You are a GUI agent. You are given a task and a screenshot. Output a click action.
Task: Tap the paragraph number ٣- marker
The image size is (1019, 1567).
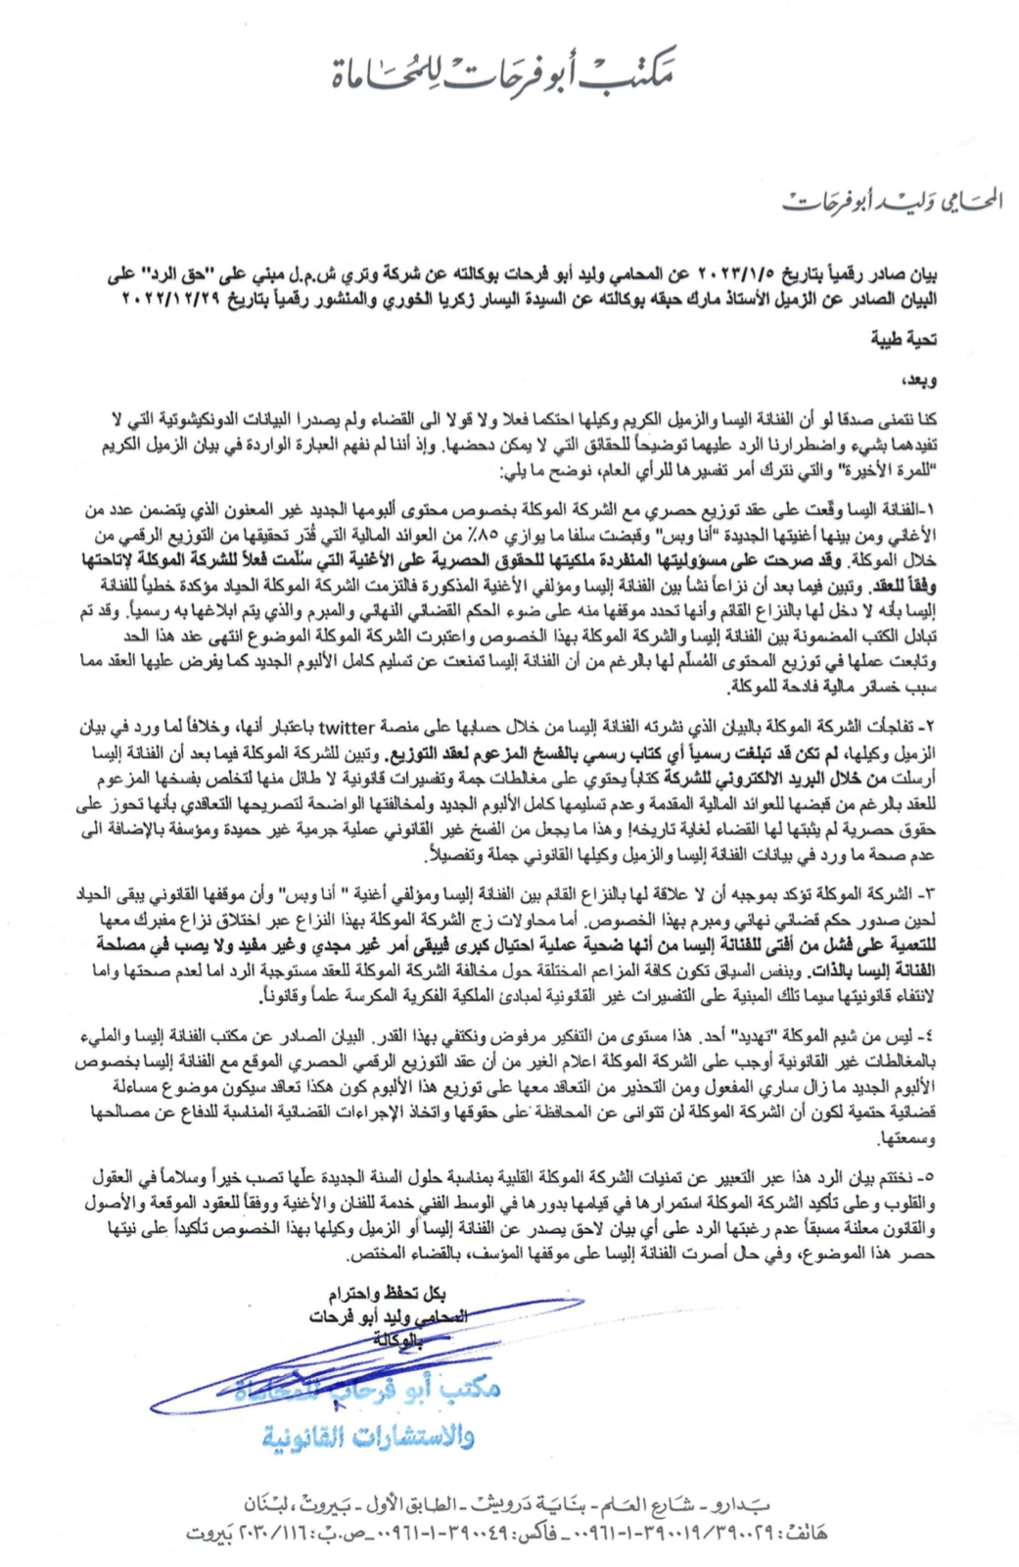931,894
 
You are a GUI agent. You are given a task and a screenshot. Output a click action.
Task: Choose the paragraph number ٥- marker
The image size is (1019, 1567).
931,1172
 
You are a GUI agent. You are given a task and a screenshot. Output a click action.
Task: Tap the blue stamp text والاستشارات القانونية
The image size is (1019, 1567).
368,1436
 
